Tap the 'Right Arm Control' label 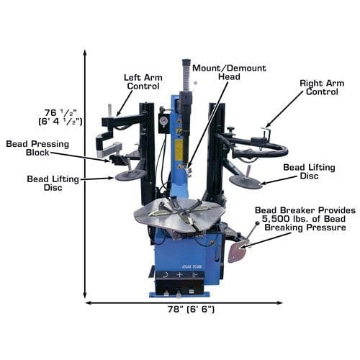(x=321, y=88)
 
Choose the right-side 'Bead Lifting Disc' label (x=308, y=172)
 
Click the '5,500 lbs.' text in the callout (x=284, y=219)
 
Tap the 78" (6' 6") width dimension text (x=185, y=310)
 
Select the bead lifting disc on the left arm (x=130, y=175)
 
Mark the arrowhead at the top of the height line (x=86, y=53)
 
